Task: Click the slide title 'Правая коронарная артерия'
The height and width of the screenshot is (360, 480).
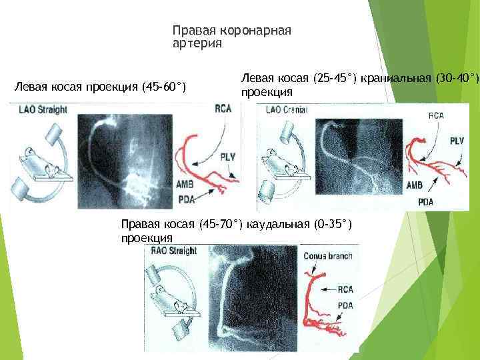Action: point(232,37)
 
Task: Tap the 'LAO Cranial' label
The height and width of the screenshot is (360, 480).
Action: point(285,110)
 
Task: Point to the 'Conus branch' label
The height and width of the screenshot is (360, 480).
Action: point(328,256)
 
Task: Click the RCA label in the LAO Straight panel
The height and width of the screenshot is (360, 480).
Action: point(223,109)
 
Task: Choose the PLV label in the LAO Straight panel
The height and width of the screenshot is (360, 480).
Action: point(227,157)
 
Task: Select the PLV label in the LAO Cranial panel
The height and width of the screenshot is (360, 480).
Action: point(457,141)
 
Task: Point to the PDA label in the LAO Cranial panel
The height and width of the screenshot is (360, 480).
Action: point(425,201)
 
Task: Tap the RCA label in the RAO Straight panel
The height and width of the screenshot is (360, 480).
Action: point(345,289)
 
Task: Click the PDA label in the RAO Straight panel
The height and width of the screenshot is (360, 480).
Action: point(345,306)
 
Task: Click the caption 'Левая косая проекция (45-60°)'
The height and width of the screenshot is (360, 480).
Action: point(100,87)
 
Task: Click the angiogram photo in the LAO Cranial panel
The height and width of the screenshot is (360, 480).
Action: point(360,157)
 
